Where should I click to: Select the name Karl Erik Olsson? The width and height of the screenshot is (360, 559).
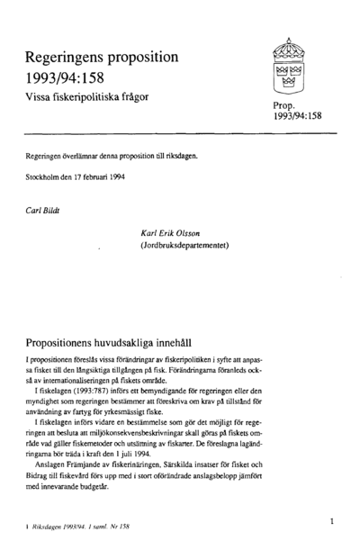[x=175, y=231]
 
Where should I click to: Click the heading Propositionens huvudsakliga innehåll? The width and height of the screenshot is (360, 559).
[x=121, y=344]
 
